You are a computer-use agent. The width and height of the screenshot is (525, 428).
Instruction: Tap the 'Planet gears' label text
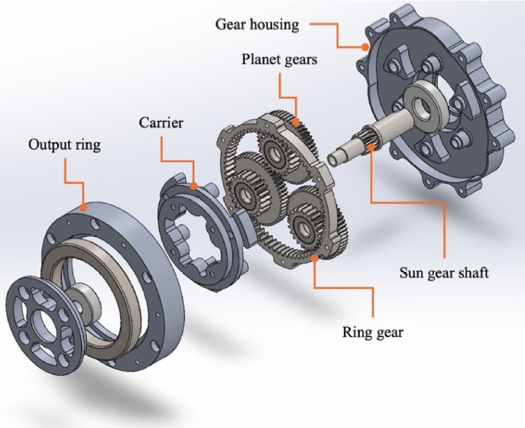[x=277, y=59]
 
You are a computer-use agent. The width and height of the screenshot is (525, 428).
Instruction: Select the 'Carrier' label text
[x=161, y=122]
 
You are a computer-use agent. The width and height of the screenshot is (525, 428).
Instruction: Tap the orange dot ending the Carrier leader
[x=195, y=185]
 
